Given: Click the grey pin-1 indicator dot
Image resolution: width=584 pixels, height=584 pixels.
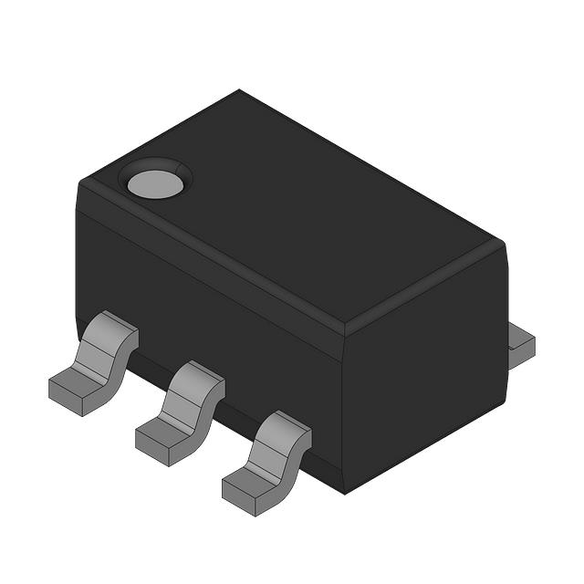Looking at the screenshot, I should click(x=155, y=183).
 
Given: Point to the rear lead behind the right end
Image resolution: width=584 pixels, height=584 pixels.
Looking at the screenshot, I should click(x=521, y=345).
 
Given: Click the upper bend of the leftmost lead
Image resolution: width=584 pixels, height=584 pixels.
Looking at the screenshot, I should click(x=116, y=328).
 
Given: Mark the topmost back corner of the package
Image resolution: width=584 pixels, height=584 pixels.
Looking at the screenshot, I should click(x=239, y=90).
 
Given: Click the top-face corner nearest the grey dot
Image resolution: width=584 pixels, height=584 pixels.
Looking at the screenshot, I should click(x=80, y=182).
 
